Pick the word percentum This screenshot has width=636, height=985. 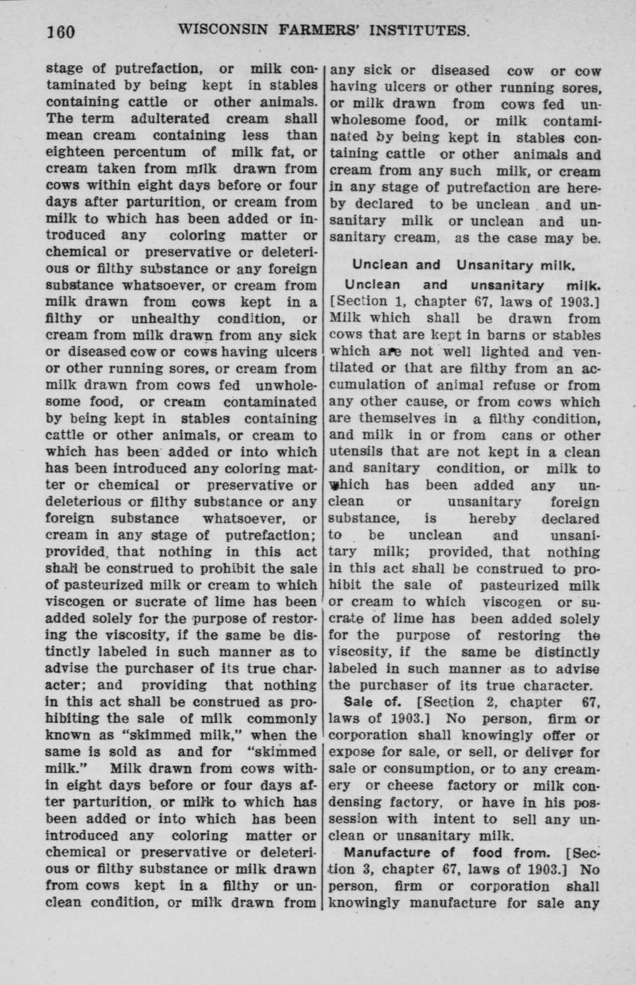point(163,151)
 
